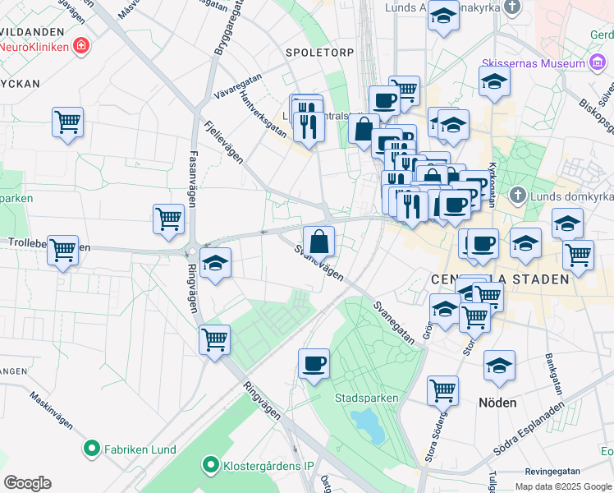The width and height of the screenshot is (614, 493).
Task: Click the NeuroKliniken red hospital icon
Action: pyautogui.click(x=80, y=45)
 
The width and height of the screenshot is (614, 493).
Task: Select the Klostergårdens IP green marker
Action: pyautogui.click(x=209, y=466)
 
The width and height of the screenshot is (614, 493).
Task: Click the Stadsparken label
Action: pyautogui.click(x=366, y=399)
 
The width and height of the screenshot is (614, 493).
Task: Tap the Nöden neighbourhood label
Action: pyautogui.click(x=497, y=403)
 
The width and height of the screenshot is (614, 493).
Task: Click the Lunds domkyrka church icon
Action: pyautogui.click(x=517, y=196)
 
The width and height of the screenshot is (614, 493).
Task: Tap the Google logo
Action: pyautogui.click(x=27, y=483)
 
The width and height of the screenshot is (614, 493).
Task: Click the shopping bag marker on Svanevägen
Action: pyautogui.click(x=318, y=241)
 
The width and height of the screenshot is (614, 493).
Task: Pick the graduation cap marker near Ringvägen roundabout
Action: pyautogui.click(x=215, y=263)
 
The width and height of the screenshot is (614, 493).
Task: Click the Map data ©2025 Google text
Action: pyautogui.click(x=563, y=486)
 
